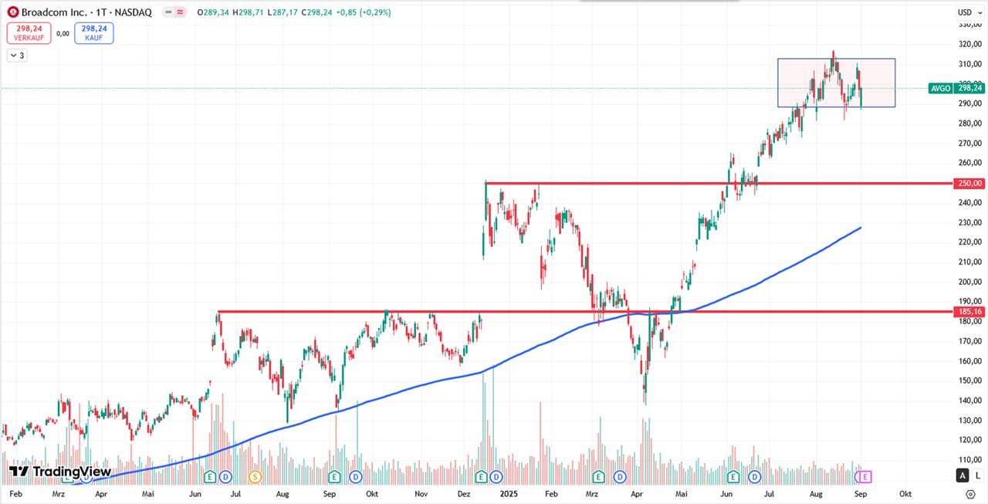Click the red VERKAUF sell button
[29, 32]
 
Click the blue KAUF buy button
[94, 32]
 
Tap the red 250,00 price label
[969, 184]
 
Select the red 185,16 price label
[969, 312]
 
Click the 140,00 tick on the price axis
[969, 401]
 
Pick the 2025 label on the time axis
[508, 493]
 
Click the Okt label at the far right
[905, 493]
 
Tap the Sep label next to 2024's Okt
[330, 493]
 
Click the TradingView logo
[60, 472]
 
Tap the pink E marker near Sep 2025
[864, 476]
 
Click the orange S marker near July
[255, 476]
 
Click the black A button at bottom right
[963, 475]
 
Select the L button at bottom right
[978, 475]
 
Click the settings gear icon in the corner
[970, 493]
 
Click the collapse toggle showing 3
[17, 56]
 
